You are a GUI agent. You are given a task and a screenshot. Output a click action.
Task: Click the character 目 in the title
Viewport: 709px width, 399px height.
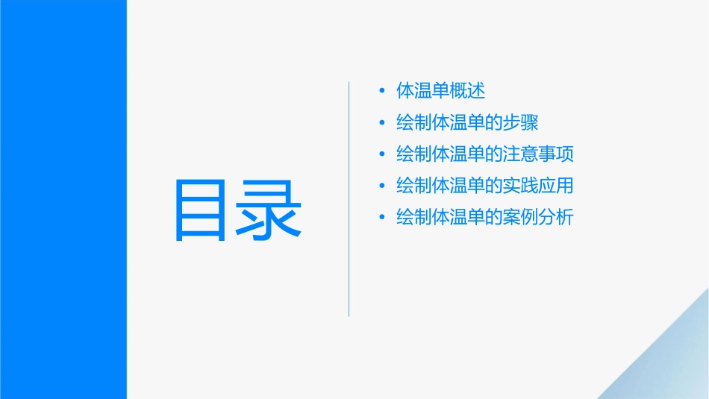pos(200,210)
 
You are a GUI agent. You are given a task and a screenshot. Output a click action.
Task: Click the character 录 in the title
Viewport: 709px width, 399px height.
pos(270,210)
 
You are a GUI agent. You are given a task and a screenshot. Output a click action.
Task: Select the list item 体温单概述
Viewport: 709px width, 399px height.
pos(441,91)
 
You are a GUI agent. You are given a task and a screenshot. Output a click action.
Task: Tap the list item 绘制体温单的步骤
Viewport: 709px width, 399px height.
pos(467,123)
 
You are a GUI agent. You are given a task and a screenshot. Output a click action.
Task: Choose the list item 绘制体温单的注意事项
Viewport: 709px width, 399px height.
pos(485,154)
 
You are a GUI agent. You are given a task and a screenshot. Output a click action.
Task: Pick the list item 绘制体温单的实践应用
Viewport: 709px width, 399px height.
pos(485,186)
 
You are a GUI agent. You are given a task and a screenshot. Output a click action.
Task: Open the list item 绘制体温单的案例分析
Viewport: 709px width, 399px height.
pos(485,218)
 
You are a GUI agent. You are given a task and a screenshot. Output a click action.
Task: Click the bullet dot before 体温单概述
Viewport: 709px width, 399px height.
pos(382,92)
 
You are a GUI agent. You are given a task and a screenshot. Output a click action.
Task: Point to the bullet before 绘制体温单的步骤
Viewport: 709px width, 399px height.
pos(382,123)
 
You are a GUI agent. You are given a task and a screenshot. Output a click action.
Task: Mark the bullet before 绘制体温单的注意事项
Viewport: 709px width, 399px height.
pos(382,155)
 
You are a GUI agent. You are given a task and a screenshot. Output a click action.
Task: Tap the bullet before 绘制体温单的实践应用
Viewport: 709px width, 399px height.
pos(382,186)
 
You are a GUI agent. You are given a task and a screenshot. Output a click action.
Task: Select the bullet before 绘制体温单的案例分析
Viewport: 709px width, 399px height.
pos(382,219)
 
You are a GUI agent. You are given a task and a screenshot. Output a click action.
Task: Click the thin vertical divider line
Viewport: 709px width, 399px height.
pos(349,198)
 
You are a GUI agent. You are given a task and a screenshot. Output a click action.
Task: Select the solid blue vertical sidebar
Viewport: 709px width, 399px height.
pos(63,199)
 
